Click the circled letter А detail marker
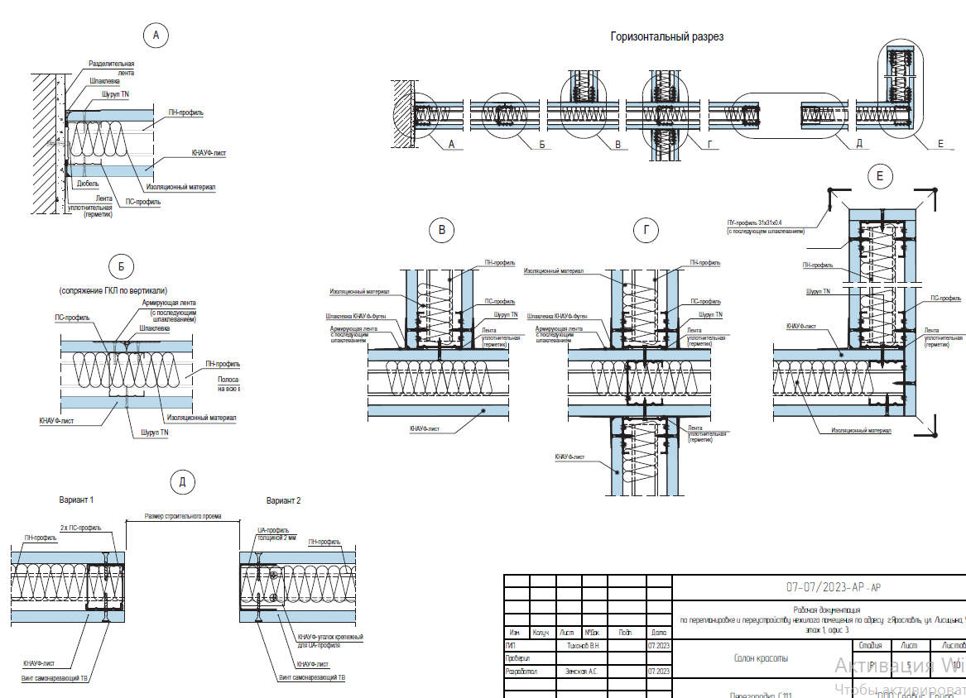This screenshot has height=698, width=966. click(x=156, y=35)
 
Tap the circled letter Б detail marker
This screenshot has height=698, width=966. click(x=121, y=266)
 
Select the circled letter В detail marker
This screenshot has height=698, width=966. click(x=442, y=231)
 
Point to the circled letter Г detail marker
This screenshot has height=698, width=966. click(x=646, y=231)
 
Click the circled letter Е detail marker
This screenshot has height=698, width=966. click(x=880, y=175)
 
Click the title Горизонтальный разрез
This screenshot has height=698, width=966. click(x=666, y=36)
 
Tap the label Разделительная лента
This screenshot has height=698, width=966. click(x=111, y=68)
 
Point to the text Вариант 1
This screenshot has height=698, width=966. click(x=76, y=501)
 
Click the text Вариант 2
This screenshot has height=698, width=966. click(x=283, y=501)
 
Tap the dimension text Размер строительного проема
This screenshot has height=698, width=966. click(x=183, y=515)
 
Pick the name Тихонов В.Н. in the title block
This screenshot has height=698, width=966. click(x=584, y=644)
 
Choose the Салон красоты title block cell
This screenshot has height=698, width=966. click(x=761, y=659)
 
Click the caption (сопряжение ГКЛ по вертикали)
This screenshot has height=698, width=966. click(x=113, y=290)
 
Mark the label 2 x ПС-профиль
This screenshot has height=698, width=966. click(x=80, y=527)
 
